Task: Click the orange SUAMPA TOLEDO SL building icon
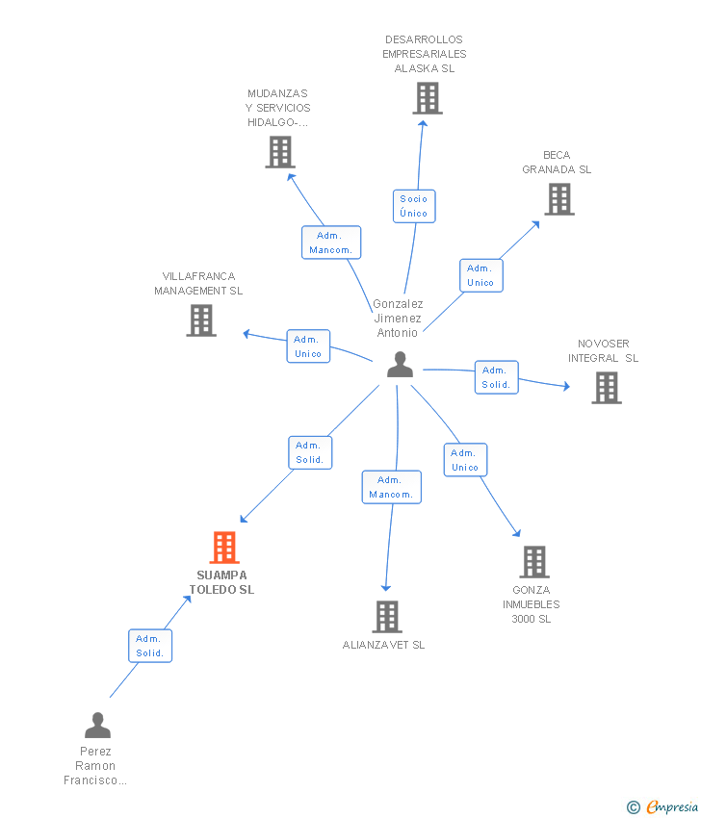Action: [224, 548]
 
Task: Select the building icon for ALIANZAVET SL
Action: [386, 616]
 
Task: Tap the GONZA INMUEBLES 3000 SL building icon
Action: [534, 562]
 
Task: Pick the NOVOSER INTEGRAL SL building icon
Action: [606, 387]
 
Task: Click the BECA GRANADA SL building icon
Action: [559, 198]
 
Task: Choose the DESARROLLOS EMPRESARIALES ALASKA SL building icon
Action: [428, 98]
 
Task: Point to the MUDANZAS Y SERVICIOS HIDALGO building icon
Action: [280, 152]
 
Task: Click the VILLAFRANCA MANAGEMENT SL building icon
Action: [201, 320]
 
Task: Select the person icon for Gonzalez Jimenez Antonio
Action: [400, 365]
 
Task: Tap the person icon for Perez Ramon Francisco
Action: [97, 725]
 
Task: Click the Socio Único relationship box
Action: [414, 206]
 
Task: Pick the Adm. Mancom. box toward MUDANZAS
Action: [331, 243]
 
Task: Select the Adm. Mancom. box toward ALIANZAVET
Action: [391, 487]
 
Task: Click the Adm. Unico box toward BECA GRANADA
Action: [480, 275]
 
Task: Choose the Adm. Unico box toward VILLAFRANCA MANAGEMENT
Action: [308, 346]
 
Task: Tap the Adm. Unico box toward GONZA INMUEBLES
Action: [465, 460]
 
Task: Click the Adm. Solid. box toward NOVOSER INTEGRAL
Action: [496, 377]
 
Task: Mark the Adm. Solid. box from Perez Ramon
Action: [150, 646]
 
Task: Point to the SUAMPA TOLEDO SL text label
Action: [221, 582]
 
